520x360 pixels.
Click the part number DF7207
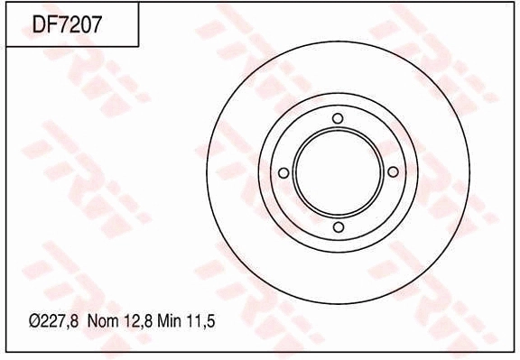point(66,24)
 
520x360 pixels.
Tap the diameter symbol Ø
point(35,321)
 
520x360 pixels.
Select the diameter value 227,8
point(60,321)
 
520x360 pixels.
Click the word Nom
point(103,321)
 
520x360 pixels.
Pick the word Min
point(169,321)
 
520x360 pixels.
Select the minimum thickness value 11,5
point(200,321)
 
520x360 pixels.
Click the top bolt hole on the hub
point(338,118)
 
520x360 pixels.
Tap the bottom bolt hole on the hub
point(339,227)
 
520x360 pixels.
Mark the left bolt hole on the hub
point(283,172)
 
